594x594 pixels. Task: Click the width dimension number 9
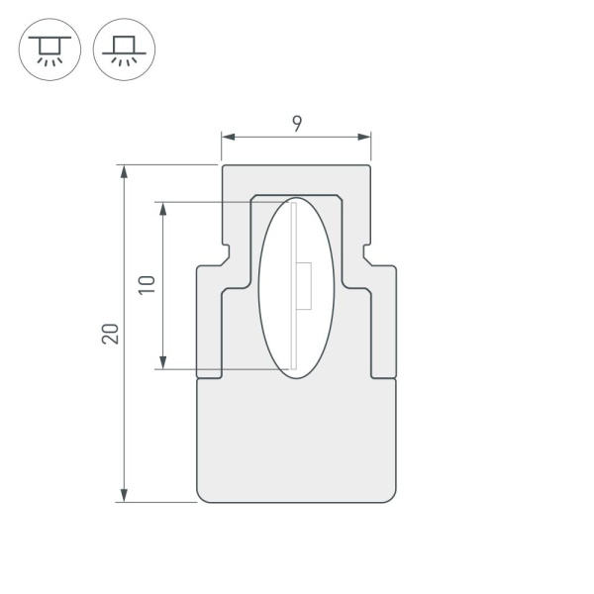pyautogui.click(x=297, y=123)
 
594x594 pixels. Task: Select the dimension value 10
pyautogui.click(x=146, y=285)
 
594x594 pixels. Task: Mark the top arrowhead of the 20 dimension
pyautogui.click(x=124, y=171)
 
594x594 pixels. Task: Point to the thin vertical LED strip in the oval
pyautogui.click(x=295, y=287)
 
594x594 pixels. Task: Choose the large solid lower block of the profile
pyautogui.click(x=297, y=441)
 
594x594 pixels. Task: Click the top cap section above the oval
pyautogui.click(x=297, y=179)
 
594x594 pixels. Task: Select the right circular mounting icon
pyautogui.click(x=124, y=49)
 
